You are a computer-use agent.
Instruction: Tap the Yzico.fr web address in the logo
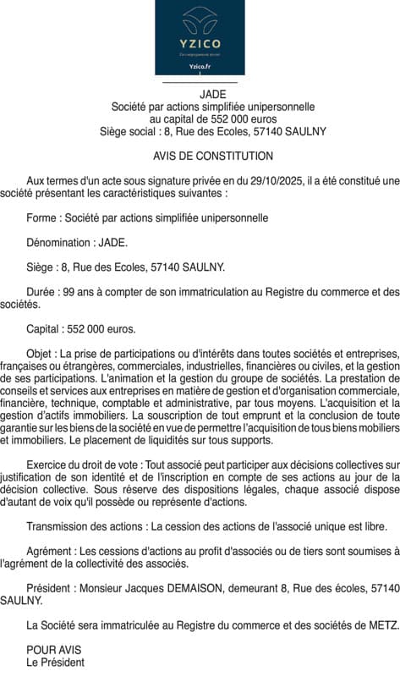tap(200, 65)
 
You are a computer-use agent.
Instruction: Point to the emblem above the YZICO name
tap(200, 21)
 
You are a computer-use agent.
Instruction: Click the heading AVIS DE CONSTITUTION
tap(213, 157)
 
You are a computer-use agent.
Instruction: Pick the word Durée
tap(41, 292)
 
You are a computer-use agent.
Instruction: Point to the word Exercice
tap(48, 465)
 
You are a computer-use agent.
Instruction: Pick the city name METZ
tap(383, 625)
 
